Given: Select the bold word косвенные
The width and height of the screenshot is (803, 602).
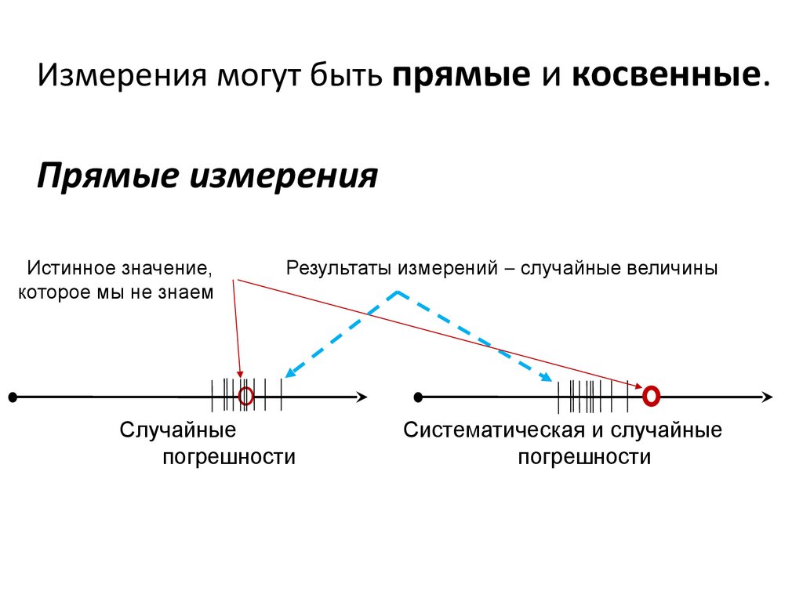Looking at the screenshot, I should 665,78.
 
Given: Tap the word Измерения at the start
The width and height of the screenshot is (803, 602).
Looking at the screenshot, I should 117,78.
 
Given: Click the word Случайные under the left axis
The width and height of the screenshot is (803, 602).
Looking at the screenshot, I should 178,430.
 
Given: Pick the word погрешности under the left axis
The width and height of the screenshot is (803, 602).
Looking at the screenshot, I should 229,457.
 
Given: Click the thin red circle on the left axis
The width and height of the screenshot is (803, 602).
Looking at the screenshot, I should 246,397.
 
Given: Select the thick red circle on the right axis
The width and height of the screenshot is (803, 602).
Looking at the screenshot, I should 650,397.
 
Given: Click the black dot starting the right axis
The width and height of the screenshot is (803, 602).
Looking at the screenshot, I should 418,397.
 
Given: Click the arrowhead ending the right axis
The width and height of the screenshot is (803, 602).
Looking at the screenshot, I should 767,397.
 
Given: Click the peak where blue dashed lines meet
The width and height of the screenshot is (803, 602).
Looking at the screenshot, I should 398,292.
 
